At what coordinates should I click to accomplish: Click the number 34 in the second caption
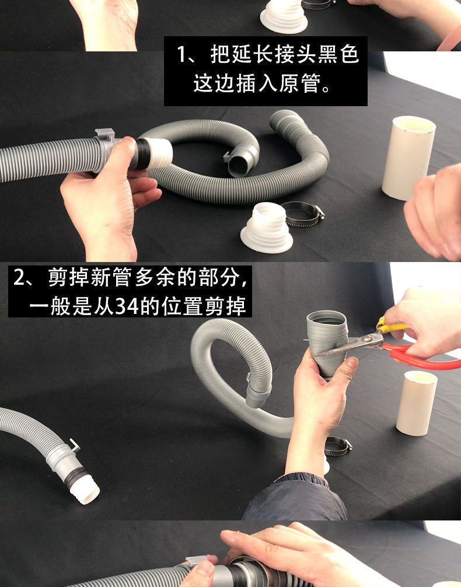pyautogui.click(x=125, y=306)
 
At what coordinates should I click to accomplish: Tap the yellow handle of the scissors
pyautogui.click(x=389, y=325)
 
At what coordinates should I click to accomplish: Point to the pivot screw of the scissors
pyautogui.click(x=368, y=339)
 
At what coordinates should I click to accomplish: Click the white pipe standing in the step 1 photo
pyautogui.click(x=408, y=158)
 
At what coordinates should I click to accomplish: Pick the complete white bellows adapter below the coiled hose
pyautogui.click(x=267, y=229)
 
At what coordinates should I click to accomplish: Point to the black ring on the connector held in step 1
pyautogui.click(x=141, y=153)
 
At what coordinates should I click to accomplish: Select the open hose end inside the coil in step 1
pyautogui.click(x=240, y=162)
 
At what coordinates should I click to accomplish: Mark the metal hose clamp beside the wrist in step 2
pyautogui.click(x=338, y=445)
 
